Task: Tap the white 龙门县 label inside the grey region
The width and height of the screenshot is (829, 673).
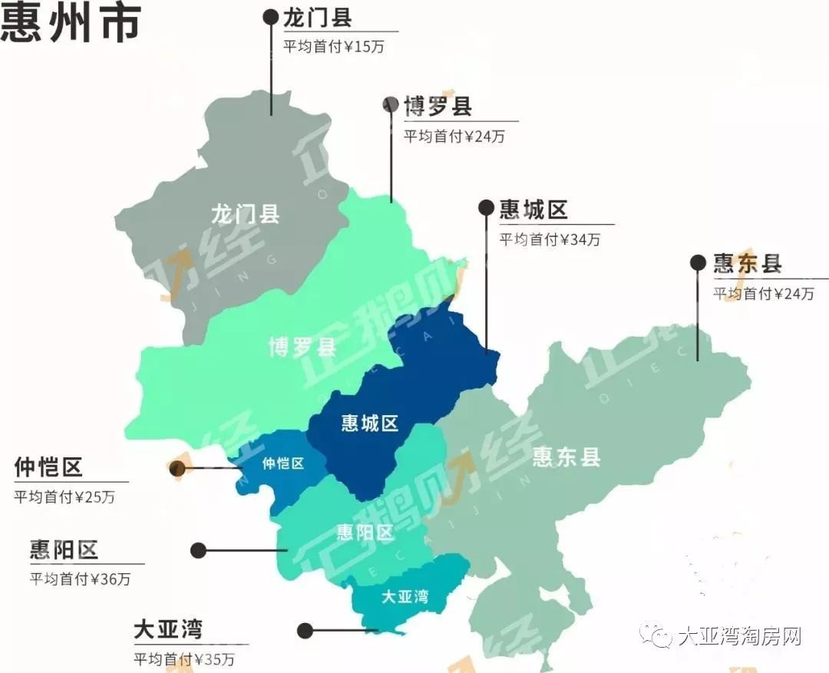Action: tap(245, 213)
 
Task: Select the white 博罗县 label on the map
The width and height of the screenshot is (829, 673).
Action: tap(302, 347)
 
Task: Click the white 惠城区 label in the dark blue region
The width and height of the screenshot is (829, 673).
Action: tap(370, 423)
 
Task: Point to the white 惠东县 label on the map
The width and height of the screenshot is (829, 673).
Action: tap(566, 457)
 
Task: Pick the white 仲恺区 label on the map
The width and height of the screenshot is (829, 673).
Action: tap(283, 464)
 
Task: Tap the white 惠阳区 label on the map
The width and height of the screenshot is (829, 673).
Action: tap(365, 532)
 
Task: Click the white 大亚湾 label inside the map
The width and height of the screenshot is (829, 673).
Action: tap(405, 595)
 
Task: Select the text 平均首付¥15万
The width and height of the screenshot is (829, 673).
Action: tap(334, 46)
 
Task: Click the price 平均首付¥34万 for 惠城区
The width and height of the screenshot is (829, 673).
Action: tap(550, 239)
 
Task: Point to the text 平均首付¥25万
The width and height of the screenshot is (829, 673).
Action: tap(64, 497)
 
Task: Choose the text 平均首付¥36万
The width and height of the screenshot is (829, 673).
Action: tap(80, 579)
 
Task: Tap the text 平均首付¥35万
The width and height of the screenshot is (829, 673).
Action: tap(184, 659)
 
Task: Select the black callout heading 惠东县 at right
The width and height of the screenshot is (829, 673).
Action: tap(748, 263)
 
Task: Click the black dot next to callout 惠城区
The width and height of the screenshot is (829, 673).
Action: tap(486, 207)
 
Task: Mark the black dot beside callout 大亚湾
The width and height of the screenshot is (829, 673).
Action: tap(306, 631)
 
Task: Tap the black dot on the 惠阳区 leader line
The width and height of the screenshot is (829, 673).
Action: tap(199, 550)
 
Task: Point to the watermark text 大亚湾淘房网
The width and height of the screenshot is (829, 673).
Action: tap(740, 637)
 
